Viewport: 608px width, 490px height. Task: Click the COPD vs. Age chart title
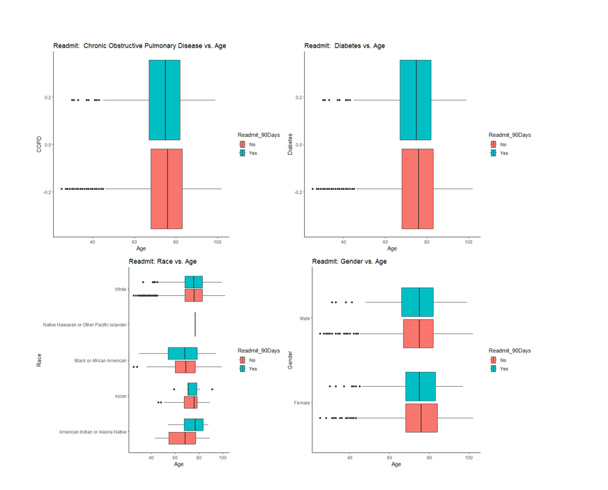coord(139,46)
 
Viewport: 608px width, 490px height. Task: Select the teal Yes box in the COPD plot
coord(165,100)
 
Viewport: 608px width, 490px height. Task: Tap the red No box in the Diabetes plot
coord(418,188)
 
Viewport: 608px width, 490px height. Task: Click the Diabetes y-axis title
coord(290,144)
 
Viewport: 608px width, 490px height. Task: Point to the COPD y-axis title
coord(39,144)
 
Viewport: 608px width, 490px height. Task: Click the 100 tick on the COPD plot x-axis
coord(218,242)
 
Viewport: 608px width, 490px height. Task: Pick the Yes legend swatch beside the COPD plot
coord(242,153)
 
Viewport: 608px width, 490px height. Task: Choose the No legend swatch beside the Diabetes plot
coord(493,144)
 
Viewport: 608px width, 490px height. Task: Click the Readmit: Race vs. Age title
coord(162,262)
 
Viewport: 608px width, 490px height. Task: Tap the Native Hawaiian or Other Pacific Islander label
coord(84,325)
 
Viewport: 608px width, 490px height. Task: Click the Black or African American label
coord(100,361)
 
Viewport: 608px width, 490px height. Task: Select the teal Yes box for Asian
coord(192,389)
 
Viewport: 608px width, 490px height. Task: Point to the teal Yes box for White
coord(194,282)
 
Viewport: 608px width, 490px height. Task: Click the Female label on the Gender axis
coord(302,403)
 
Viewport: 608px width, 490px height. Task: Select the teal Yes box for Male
coord(418,302)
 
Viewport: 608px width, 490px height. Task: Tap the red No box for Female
coord(421,417)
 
